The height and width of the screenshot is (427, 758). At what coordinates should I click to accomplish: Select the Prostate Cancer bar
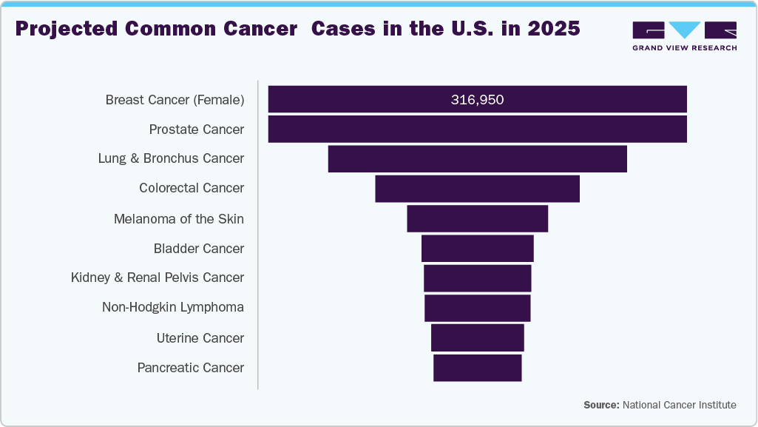[x=477, y=130]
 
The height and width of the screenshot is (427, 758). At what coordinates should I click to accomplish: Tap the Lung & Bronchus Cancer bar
[x=477, y=159]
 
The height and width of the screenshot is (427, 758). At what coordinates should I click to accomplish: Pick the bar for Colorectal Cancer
[x=477, y=189]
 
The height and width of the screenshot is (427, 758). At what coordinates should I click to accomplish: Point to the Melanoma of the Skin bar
[x=477, y=219]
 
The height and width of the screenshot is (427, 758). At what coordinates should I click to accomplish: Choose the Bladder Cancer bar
[x=477, y=249]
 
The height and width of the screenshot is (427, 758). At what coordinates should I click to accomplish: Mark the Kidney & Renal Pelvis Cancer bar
[x=477, y=278]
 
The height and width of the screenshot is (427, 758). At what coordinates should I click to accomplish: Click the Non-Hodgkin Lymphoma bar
[x=477, y=308]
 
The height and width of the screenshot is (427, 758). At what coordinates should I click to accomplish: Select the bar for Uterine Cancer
[x=477, y=337]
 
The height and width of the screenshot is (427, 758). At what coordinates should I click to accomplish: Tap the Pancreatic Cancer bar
[x=477, y=368]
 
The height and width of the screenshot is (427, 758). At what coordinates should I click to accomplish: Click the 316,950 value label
[x=477, y=99]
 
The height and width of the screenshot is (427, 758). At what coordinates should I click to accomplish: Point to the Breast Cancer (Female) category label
[x=175, y=99]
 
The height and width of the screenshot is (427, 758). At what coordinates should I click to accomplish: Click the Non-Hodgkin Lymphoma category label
[x=173, y=307]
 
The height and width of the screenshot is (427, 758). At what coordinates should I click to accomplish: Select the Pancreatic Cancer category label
[x=191, y=368]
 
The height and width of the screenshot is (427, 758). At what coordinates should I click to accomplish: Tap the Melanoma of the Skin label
[x=179, y=219]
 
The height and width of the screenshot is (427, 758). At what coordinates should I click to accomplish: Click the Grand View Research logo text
[x=684, y=47]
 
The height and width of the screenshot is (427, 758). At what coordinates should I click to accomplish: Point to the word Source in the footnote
[x=600, y=405]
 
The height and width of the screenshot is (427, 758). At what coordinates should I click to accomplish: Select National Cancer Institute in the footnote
[x=680, y=405]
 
